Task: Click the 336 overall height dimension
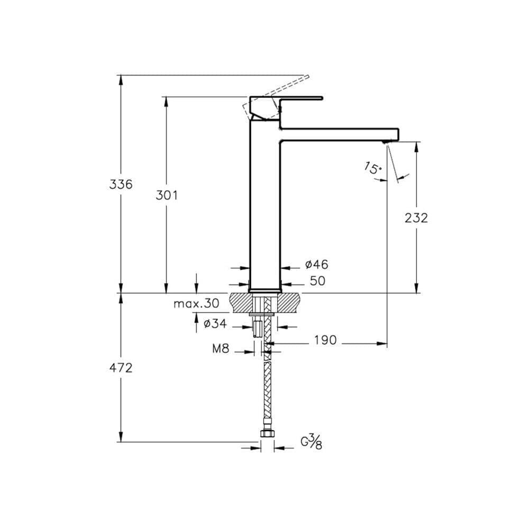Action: (121, 184)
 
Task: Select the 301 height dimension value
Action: (166, 195)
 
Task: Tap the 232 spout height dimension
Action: (416, 218)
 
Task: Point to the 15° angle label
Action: (373, 168)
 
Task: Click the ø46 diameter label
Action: (316, 264)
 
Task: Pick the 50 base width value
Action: (317, 281)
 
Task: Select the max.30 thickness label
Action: (196, 304)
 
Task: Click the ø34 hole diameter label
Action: (215, 324)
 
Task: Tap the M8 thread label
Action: (221, 348)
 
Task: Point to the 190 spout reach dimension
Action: (325, 340)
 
